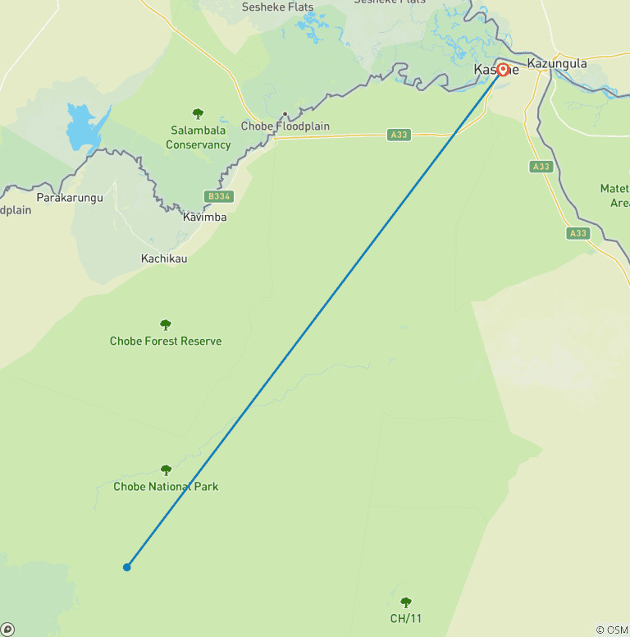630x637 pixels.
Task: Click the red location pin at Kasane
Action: coord(502,70)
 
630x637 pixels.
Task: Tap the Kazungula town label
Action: coord(557,63)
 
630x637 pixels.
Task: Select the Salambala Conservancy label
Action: coord(199,138)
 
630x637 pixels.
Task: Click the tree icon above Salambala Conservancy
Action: coord(198,114)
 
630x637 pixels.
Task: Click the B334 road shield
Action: coord(218,197)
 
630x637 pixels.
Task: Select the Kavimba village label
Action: coord(205,218)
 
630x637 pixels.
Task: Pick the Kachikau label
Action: coord(164,259)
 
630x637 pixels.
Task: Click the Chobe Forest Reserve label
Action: coord(166,341)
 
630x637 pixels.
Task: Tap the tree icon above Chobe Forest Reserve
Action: coord(166,325)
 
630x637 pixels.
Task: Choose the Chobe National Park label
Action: coord(166,487)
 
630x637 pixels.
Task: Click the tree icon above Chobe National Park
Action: coord(166,470)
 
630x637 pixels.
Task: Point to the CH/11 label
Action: coord(406,618)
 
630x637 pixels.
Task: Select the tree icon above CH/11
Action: coord(406,603)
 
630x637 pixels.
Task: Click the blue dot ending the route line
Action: coord(127,566)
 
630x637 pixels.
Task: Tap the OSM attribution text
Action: coord(612,630)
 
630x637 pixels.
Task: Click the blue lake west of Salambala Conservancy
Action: coord(81,127)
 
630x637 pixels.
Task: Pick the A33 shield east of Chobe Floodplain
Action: coord(399,135)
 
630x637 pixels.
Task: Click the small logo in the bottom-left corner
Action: coord(7,629)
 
